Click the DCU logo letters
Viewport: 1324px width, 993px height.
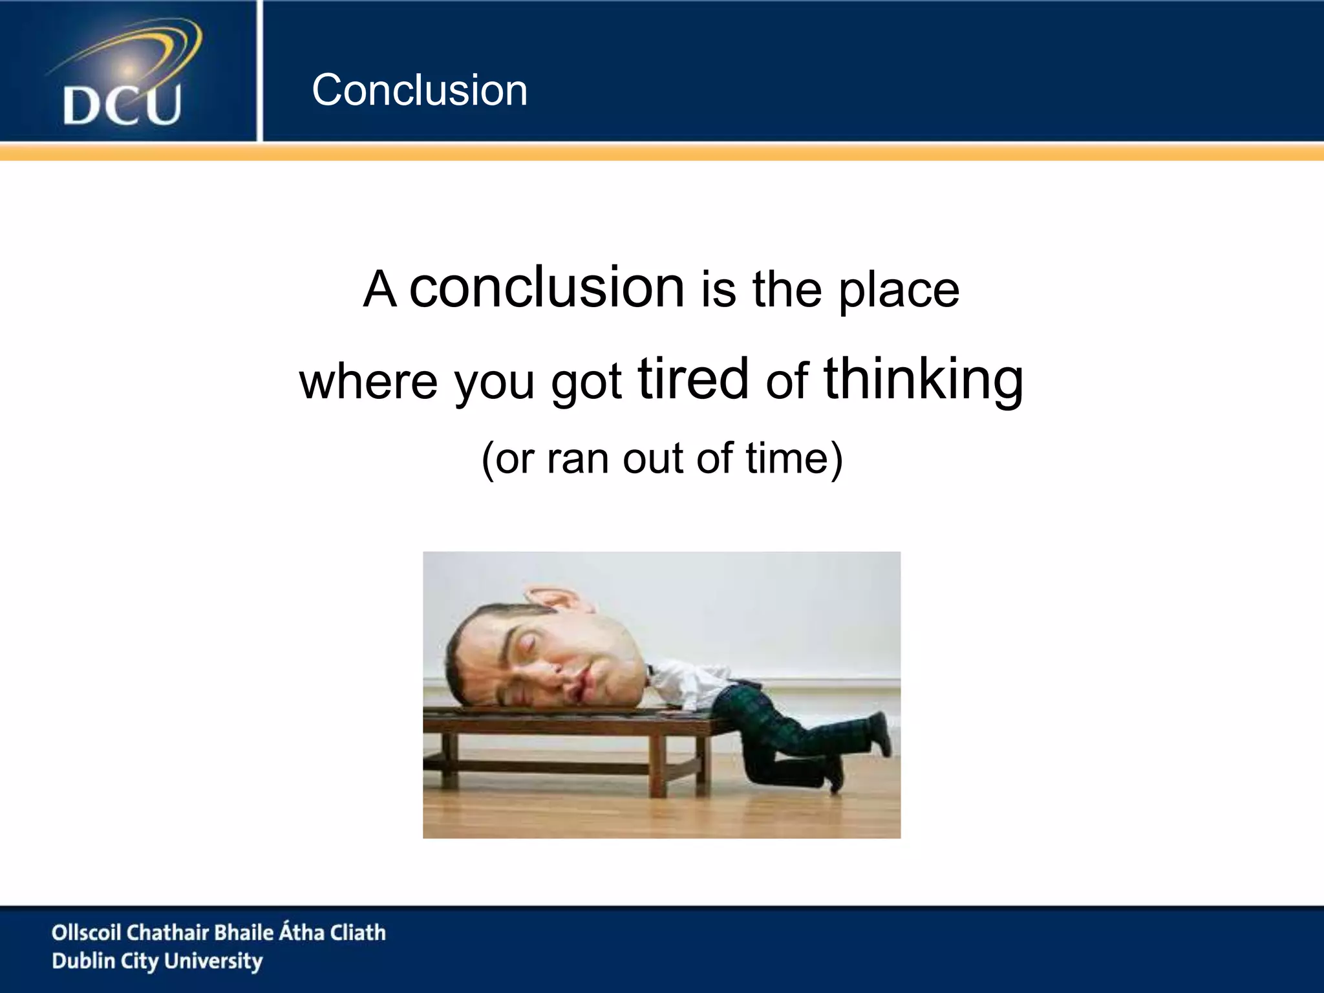122,105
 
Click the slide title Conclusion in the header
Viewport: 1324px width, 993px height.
420,90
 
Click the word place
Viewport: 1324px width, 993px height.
899,291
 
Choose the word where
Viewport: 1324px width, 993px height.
368,381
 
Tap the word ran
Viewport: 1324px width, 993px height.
577,459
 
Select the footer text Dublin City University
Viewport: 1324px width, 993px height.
157,961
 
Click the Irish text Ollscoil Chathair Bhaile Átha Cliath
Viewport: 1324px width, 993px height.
219,932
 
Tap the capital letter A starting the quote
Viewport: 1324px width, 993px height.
379,291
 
